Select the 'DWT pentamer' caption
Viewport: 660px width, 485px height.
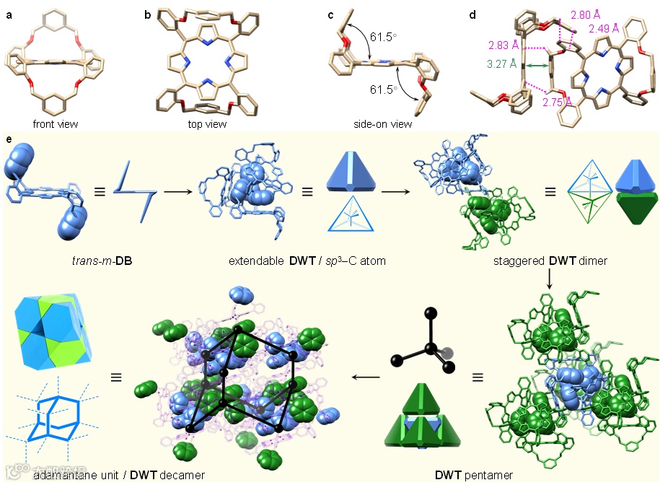[x=474, y=475]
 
